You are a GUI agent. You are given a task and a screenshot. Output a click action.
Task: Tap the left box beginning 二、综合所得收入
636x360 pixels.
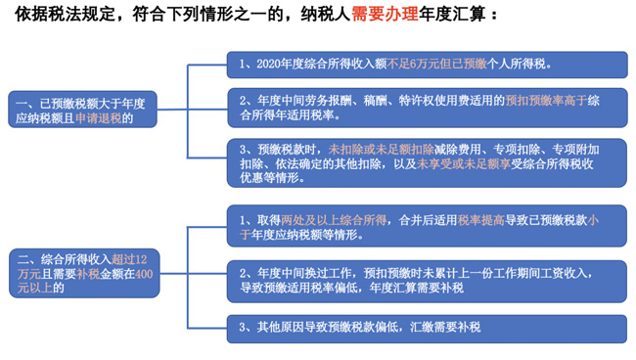tap(83, 273)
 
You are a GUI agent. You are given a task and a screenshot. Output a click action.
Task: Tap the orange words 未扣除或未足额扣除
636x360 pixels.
tap(381, 149)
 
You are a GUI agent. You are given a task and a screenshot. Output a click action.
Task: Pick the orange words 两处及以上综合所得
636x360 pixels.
tap(329, 220)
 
